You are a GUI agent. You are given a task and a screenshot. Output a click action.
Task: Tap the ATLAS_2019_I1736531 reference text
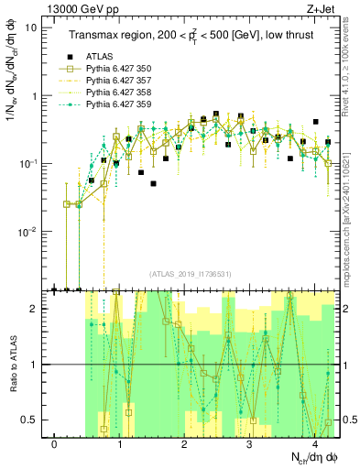(x=191, y=275)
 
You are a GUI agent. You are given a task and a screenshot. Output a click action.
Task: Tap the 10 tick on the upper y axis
(x=31, y=27)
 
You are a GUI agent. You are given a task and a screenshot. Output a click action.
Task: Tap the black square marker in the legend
(x=65, y=56)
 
